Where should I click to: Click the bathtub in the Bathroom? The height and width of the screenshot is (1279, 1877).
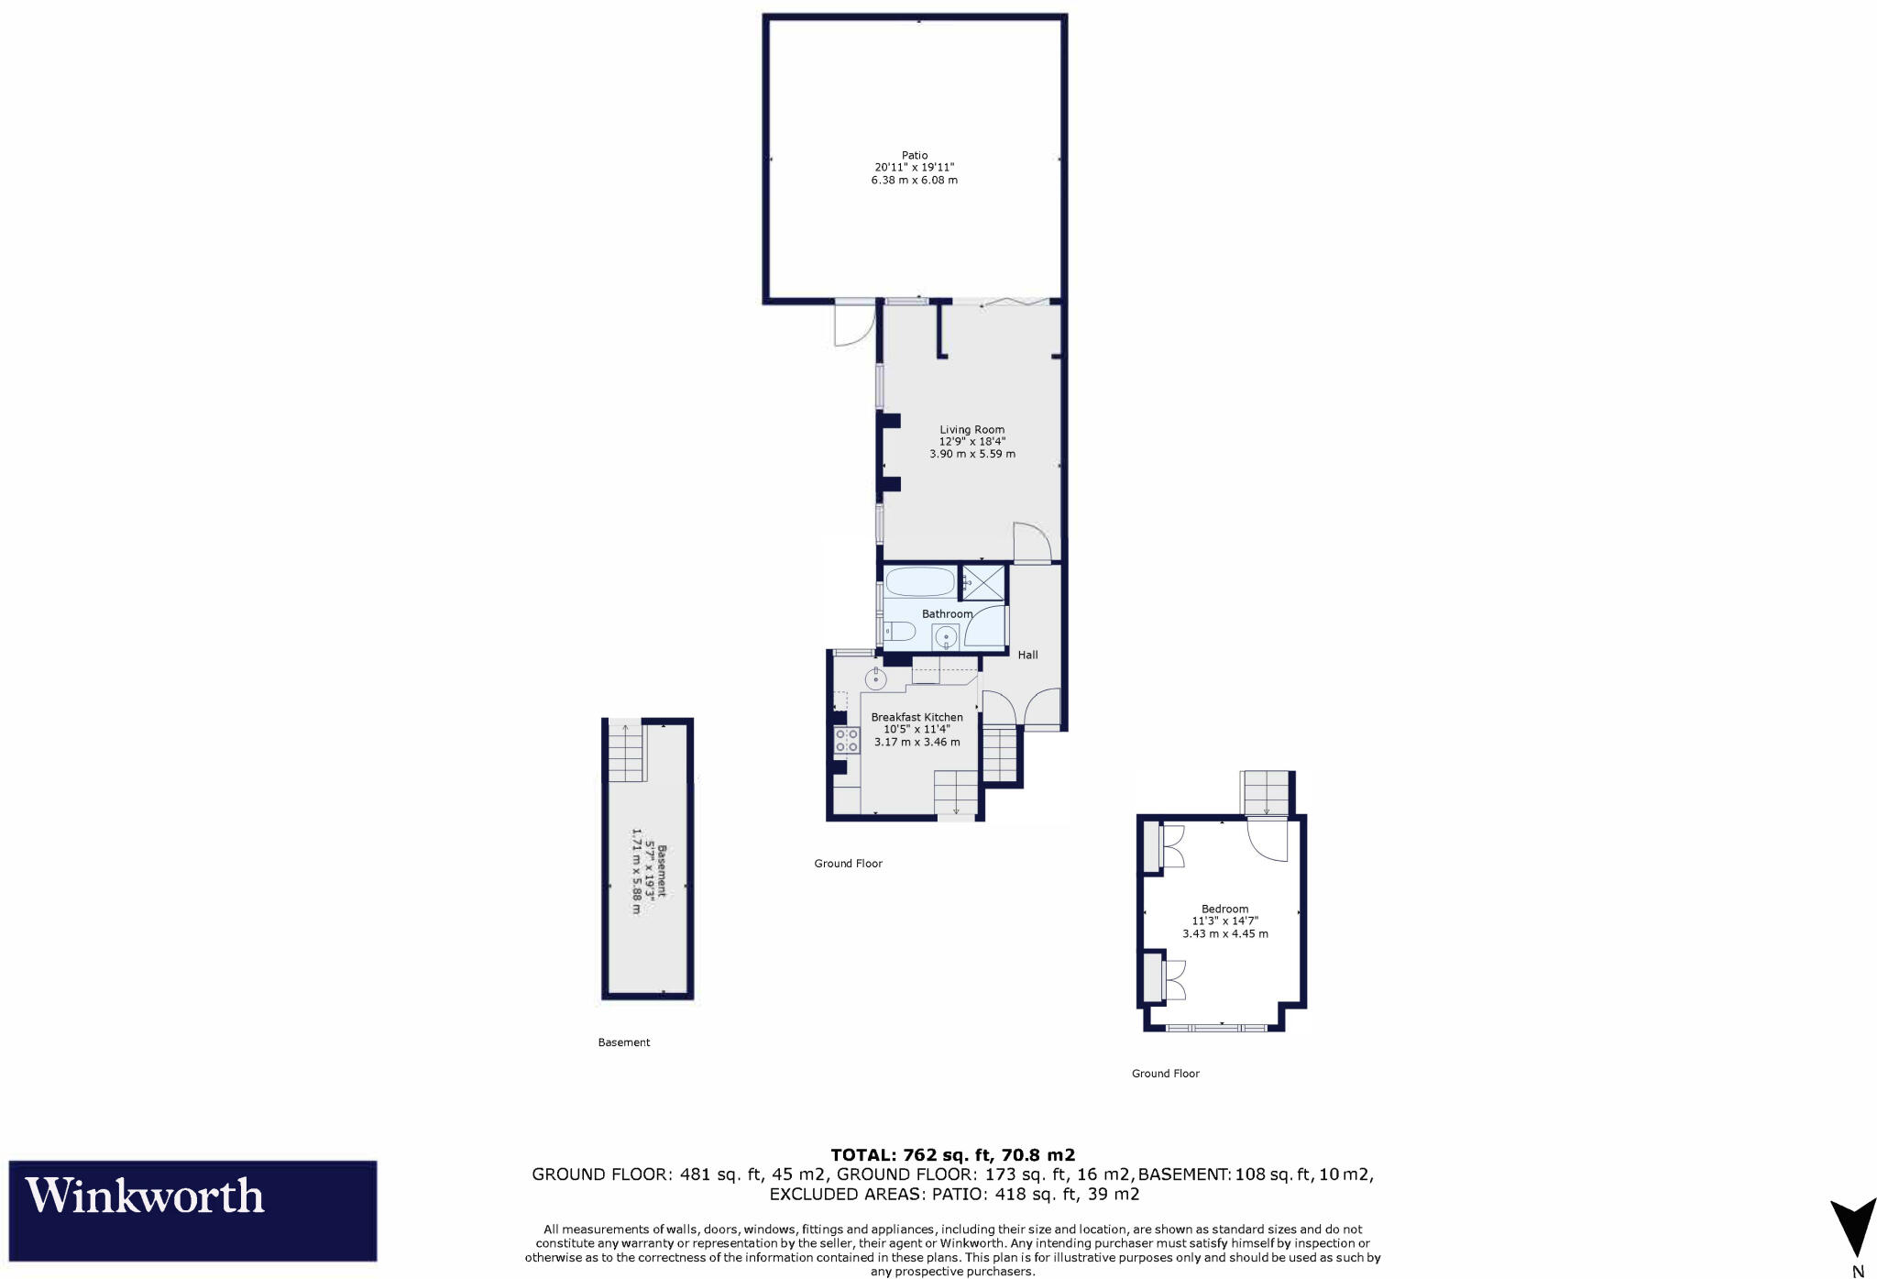[x=919, y=581]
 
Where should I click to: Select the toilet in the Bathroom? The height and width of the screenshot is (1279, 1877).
[x=899, y=631]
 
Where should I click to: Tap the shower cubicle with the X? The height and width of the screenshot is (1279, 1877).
[x=982, y=582]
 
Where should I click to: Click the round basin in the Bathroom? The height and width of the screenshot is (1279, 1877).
[x=945, y=635]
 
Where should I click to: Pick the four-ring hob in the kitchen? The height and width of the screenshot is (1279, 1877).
[x=846, y=740]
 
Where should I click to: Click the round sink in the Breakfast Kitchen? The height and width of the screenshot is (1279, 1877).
[x=875, y=679]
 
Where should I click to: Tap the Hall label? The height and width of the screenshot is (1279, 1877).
[x=1027, y=655]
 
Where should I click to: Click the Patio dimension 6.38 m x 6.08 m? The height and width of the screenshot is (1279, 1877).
[x=914, y=181]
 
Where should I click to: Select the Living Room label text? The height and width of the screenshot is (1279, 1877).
[x=971, y=429]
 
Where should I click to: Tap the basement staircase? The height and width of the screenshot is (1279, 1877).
[x=627, y=752]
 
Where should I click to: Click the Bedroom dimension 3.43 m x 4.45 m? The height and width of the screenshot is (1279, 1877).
[x=1224, y=934]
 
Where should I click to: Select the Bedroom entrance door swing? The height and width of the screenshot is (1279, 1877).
[x=1267, y=839]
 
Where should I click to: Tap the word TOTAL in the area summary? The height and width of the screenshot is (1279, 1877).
[x=863, y=1155]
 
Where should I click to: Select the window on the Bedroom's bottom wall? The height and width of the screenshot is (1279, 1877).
[x=1216, y=1029]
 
